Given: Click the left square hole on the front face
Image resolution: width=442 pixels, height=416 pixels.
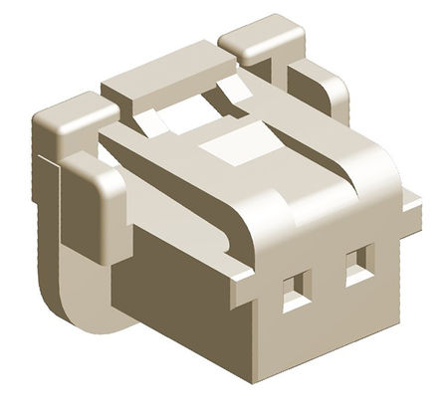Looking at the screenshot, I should click(x=292, y=291).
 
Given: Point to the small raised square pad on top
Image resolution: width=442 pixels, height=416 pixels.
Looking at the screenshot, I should click(x=225, y=146).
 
